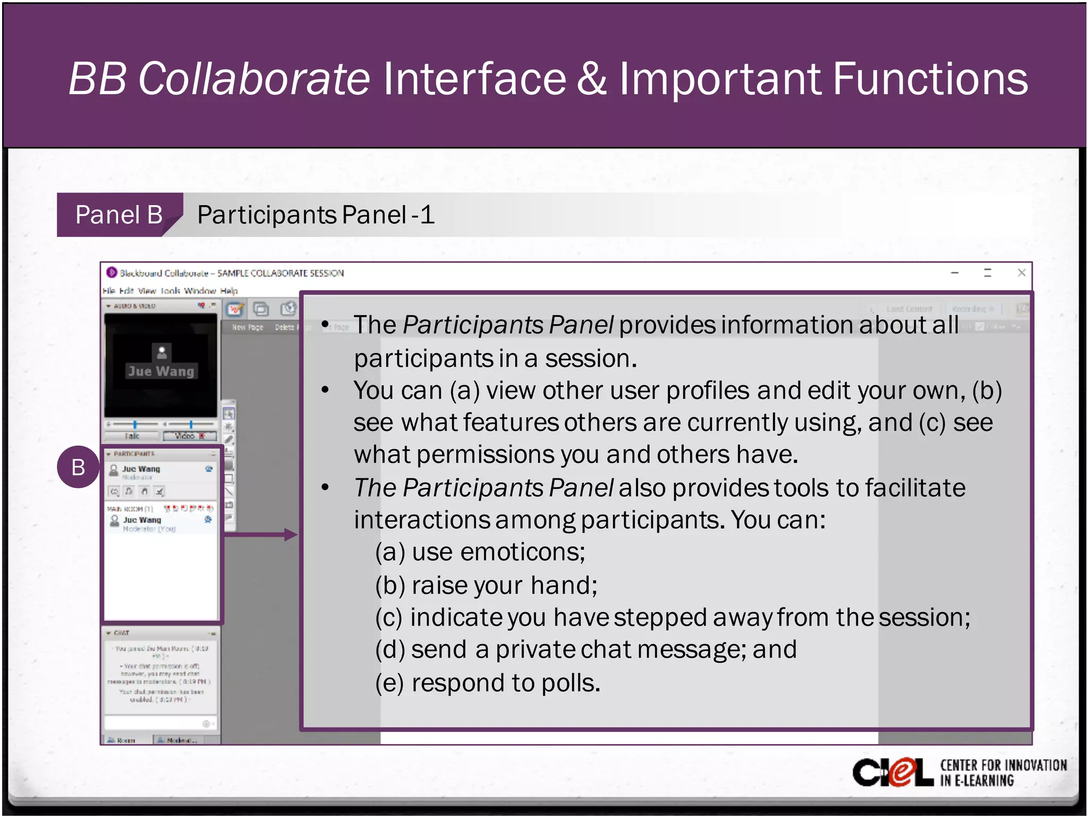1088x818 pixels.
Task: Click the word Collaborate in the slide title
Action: click(253, 79)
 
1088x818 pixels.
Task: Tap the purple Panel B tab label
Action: click(118, 215)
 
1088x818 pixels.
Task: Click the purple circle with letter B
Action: click(78, 467)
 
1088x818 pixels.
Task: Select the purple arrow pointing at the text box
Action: click(260, 534)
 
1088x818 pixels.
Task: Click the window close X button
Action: click(1021, 273)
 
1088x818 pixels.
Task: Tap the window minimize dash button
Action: click(955, 273)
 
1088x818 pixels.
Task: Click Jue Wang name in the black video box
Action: click(161, 371)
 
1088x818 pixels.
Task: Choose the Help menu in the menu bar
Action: click(229, 291)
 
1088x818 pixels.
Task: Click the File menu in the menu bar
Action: click(109, 291)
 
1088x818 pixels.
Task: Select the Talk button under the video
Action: click(132, 436)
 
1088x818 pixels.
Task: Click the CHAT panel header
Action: click(121, 633)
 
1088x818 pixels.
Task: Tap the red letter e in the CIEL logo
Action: click(902, 773)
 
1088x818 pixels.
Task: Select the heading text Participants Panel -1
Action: click(316, 215)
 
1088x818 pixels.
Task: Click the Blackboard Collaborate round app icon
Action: click(112, 273)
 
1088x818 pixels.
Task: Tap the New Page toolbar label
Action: click(248, 327)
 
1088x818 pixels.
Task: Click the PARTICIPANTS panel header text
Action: click(134, 454)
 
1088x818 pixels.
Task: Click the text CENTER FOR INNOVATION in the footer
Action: click(1003, 765)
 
